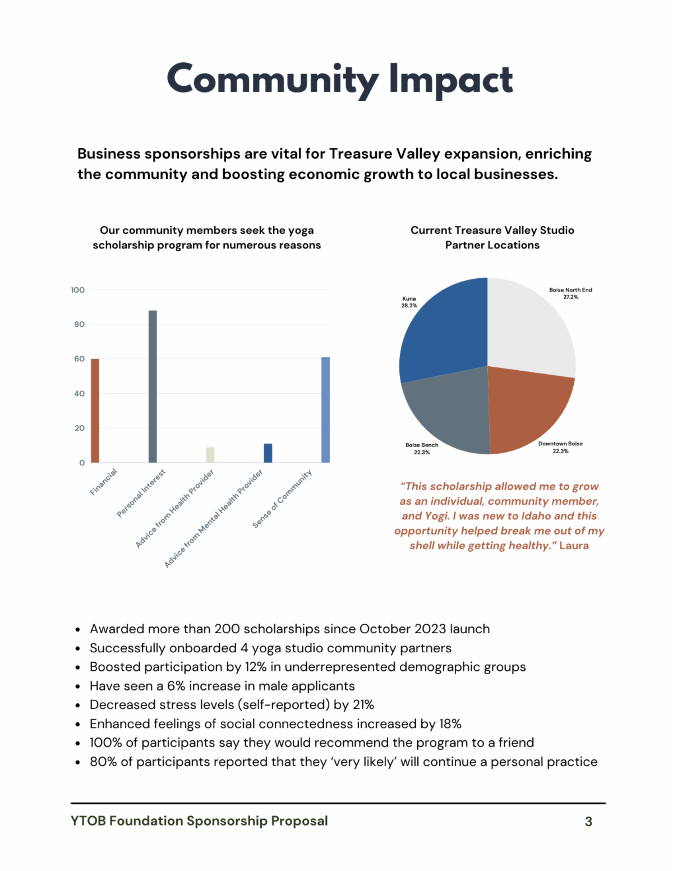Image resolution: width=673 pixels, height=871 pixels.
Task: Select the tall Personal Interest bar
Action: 153,386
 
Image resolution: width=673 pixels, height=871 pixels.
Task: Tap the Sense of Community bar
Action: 325,410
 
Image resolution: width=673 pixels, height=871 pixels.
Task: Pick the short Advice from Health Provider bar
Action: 210,455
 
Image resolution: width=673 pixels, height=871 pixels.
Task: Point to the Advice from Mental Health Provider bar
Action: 268,453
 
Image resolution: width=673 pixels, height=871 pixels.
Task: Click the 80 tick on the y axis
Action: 79,324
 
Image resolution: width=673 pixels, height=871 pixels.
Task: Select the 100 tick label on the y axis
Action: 78,290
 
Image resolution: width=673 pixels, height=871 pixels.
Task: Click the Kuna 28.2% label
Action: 409,302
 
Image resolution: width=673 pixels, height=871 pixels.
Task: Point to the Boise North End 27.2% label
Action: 570,293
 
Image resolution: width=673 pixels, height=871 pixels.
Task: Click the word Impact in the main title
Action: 451,80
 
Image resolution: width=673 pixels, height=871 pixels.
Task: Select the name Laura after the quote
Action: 574,546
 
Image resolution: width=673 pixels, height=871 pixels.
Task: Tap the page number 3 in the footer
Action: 588,822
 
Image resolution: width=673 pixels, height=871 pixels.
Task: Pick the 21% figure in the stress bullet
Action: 363,705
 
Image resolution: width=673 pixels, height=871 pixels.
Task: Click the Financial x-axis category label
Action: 104,482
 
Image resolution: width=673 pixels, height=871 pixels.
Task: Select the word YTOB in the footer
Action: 88,821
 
